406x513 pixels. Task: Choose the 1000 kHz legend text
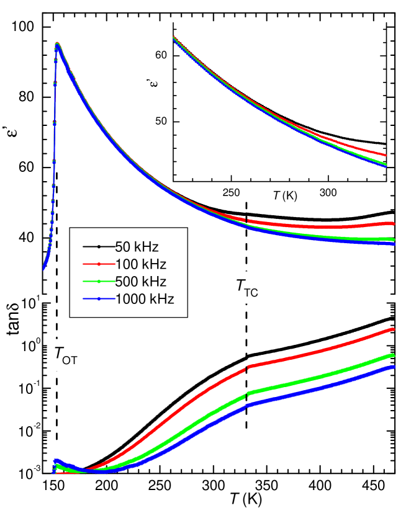(144, 298)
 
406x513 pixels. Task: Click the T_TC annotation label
(246, 287)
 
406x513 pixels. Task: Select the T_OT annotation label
(65, 355)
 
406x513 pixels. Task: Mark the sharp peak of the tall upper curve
(57, 44)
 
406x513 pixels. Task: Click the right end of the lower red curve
(394, 329)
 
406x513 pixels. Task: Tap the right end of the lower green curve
(394, 355)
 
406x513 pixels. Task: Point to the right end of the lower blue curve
(394, 367)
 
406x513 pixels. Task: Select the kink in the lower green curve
(248, 394)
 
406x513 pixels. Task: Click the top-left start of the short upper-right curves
(174, 38)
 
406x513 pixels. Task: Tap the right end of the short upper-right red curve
(386, 155)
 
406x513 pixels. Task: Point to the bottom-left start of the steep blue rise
(43, 268)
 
